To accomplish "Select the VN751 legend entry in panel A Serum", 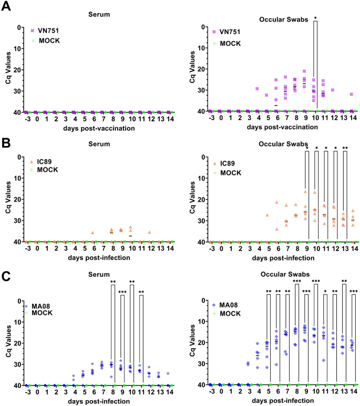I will tap(47, 31).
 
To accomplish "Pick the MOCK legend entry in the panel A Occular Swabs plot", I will tap(232, 41).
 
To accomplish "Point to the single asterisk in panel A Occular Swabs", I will tap(315, 18).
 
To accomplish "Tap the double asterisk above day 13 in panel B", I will tap(345, 148).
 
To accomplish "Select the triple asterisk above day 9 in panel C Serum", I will tap(122, 293).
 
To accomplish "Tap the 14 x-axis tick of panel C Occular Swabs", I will tap(354, 394).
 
